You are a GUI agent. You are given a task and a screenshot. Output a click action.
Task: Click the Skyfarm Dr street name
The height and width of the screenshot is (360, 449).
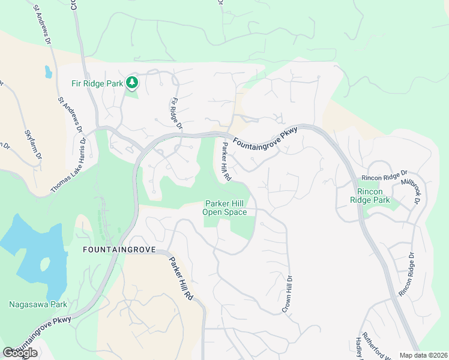coord(34,143)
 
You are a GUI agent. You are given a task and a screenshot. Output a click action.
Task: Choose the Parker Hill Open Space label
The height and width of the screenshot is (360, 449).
coord(224,208)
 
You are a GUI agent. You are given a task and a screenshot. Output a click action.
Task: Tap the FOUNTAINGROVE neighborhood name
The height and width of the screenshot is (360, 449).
coord(119,249)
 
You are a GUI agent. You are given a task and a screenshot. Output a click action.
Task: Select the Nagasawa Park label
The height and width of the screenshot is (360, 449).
coord(38,304)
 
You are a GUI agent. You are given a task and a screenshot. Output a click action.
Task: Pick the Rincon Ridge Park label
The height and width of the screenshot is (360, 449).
coord(370,196)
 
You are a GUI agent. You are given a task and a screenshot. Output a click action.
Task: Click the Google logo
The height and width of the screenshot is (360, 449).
coord(20,353)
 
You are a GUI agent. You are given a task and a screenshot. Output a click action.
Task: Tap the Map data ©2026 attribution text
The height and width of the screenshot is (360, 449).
coord(423,355)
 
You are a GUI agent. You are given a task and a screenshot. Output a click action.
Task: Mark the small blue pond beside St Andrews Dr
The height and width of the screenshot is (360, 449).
coord(47,72)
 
